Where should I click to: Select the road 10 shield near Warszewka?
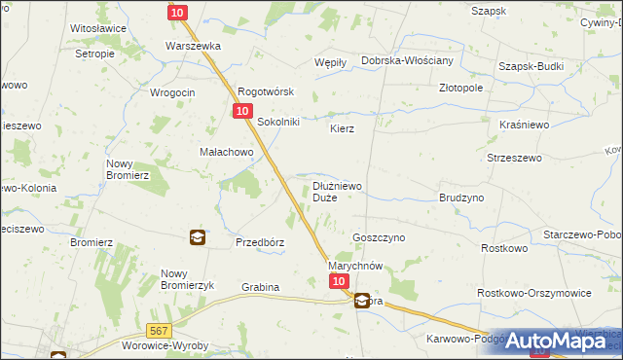point(176,12)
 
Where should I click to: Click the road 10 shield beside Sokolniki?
point(240,112)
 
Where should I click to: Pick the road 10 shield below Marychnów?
point(338,280)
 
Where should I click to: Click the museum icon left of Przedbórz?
point(197,236)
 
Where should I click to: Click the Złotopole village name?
point(460,87)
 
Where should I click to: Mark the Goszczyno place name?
point(378,236)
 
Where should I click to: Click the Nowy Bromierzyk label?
point(186,278)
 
